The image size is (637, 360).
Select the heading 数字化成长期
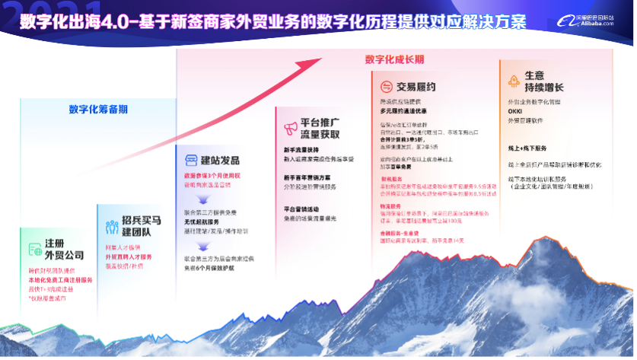[394, 59]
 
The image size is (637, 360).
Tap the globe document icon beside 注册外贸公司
[34, 248]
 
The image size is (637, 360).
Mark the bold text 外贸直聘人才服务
[128, 257]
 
